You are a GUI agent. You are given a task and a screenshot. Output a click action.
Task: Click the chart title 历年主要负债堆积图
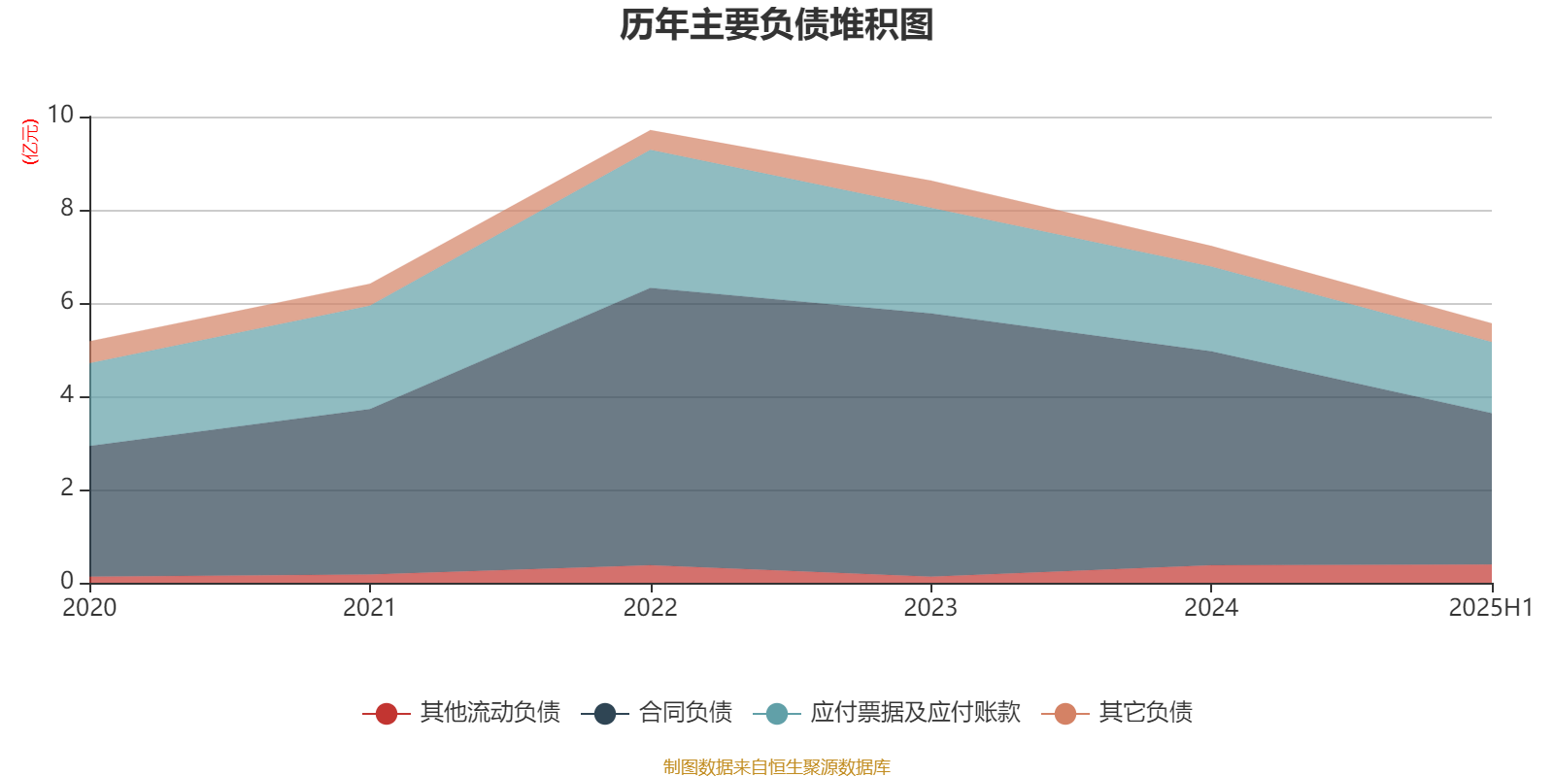pos(777,25)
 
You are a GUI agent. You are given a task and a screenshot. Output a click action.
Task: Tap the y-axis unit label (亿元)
pos(31,142)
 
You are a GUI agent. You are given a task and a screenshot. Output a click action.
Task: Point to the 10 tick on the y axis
pos(60,115)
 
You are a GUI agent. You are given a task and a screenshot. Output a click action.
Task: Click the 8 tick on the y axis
pos(67,208)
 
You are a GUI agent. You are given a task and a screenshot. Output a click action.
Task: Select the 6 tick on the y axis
pos(67,301)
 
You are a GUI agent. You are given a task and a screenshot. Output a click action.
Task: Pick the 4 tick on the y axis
pos(67,394)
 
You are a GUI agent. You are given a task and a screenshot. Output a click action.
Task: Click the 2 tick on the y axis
pos(67,488)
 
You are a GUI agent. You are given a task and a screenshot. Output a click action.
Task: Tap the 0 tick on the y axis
pos(67,581)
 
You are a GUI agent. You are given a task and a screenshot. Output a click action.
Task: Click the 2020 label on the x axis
pos(89,608)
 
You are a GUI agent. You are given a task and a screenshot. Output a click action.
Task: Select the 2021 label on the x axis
pos(369,608)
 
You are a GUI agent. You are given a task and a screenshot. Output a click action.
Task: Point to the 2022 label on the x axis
pos(650,608)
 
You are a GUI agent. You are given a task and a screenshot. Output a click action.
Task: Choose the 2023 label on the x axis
pos(930,608)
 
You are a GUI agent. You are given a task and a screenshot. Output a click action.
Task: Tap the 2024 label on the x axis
pos(1210,608)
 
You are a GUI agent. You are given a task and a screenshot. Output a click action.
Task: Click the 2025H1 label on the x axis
pos(1490,608)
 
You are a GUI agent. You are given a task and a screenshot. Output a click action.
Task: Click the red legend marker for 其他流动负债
pos(387,714)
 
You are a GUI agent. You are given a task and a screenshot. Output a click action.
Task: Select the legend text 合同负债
pos(685,713)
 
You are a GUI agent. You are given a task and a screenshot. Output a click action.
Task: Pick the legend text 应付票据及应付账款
pos(915,713)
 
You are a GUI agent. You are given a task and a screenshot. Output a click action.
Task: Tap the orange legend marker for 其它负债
pos(1065,714)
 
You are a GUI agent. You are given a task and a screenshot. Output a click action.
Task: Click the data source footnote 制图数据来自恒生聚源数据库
pos(777,767)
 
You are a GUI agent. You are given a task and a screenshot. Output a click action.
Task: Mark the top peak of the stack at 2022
pos(651,130)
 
